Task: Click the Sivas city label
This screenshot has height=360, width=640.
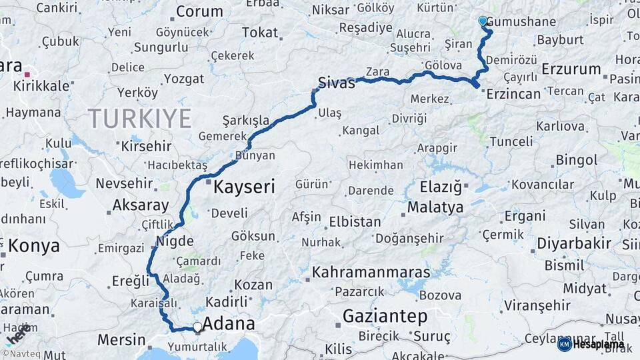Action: point(336,83)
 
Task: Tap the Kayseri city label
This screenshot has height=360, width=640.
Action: point(244,187)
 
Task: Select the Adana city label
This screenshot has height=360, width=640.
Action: point(228,324)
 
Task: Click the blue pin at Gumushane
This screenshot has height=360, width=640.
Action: point(483,21)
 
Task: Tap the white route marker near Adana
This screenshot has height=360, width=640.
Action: point(197,327)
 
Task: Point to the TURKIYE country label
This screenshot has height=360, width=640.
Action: point(140,119)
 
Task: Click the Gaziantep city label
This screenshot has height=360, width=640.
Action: point(385,317)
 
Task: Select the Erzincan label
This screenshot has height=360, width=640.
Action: point(513,94)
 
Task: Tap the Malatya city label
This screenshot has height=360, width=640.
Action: point(435,207)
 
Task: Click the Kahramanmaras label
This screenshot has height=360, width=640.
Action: point(371,272)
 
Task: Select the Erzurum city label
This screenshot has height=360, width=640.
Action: point(571,69)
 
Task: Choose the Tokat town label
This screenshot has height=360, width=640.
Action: point(259,32)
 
